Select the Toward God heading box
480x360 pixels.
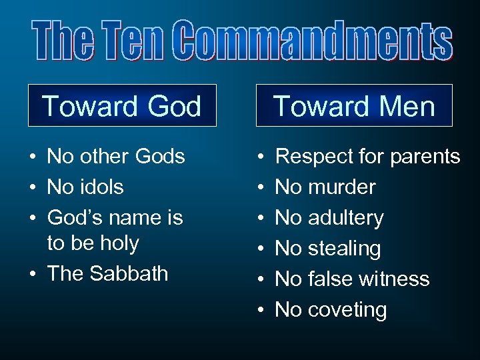(122, 106)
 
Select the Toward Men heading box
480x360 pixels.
(354, 106)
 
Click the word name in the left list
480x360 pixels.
(131, 218)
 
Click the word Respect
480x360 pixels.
(313, 157)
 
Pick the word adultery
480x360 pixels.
(345, 218)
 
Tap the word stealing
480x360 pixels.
(344, 249)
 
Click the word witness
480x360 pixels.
(397, 279)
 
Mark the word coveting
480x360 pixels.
(347, 310)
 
